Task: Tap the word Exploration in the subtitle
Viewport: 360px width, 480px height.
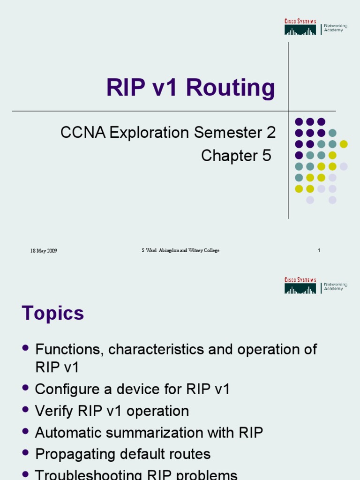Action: point(150,133)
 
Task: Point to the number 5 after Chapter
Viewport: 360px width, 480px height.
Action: point(267,156)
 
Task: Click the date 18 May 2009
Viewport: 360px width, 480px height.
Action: point(44,251)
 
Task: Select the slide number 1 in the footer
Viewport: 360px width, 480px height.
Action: point(319,250)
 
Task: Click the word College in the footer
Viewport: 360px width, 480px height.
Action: point(210,251)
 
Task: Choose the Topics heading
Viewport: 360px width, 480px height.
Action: point(52,313)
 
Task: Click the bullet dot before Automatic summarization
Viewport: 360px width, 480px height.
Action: point(25,432)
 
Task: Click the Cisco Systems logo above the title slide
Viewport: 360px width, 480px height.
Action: point(300,27)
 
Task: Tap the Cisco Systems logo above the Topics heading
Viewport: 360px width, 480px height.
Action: point(300,286)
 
